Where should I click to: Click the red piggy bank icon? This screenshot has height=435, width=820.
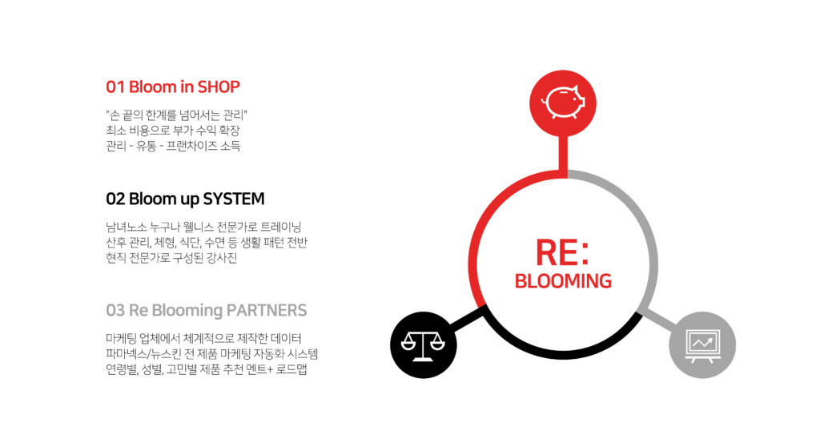point(564,103)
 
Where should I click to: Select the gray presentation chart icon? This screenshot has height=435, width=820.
point(701,345)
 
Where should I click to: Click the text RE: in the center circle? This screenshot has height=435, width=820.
point(562,252)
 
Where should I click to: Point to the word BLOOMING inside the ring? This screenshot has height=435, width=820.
point(563,281)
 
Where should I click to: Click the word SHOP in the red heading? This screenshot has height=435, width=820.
point(219,87)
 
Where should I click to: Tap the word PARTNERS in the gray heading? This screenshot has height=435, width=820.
point(267,310)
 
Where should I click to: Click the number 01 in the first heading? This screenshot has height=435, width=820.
point(115,87)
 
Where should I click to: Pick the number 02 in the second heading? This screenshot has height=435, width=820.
point(115,198)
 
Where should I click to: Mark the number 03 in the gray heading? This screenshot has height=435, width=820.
point(115,310)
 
